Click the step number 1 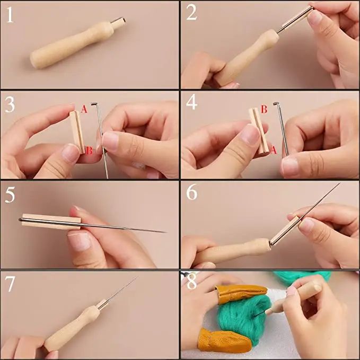pyautogui.click(x=10, y=15)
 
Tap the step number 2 pyautogui.click(x=191, y=13)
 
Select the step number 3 pyautogui.click(x=10, y=104)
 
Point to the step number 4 pyautogui.click(x=191, y=102)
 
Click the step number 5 pyautogui.click(x=10, y=195)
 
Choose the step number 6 pyautogui.click(x=192, y=192)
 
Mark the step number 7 pyautogui.click(x=10, y=284)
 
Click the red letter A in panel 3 pyautogui.click(x=84, y=109)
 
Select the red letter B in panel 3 pyautogui.click(x=89, y=151)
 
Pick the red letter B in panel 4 pyautogui.click(x=264, y=109)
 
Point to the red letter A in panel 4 pyautogui.click(x=273, y=150)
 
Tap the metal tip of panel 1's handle pyautogui.click(x=118, y=22)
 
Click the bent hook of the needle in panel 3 pyautogui.click(x=94, y=104)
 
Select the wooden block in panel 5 pyautogui.click(x=51, y=222)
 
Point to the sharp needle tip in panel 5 pyautogui.click(x=165, y=232)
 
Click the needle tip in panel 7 pyautogui.click(x=138, y=276)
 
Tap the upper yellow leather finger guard pyautogui.click(x=241, y=294)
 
